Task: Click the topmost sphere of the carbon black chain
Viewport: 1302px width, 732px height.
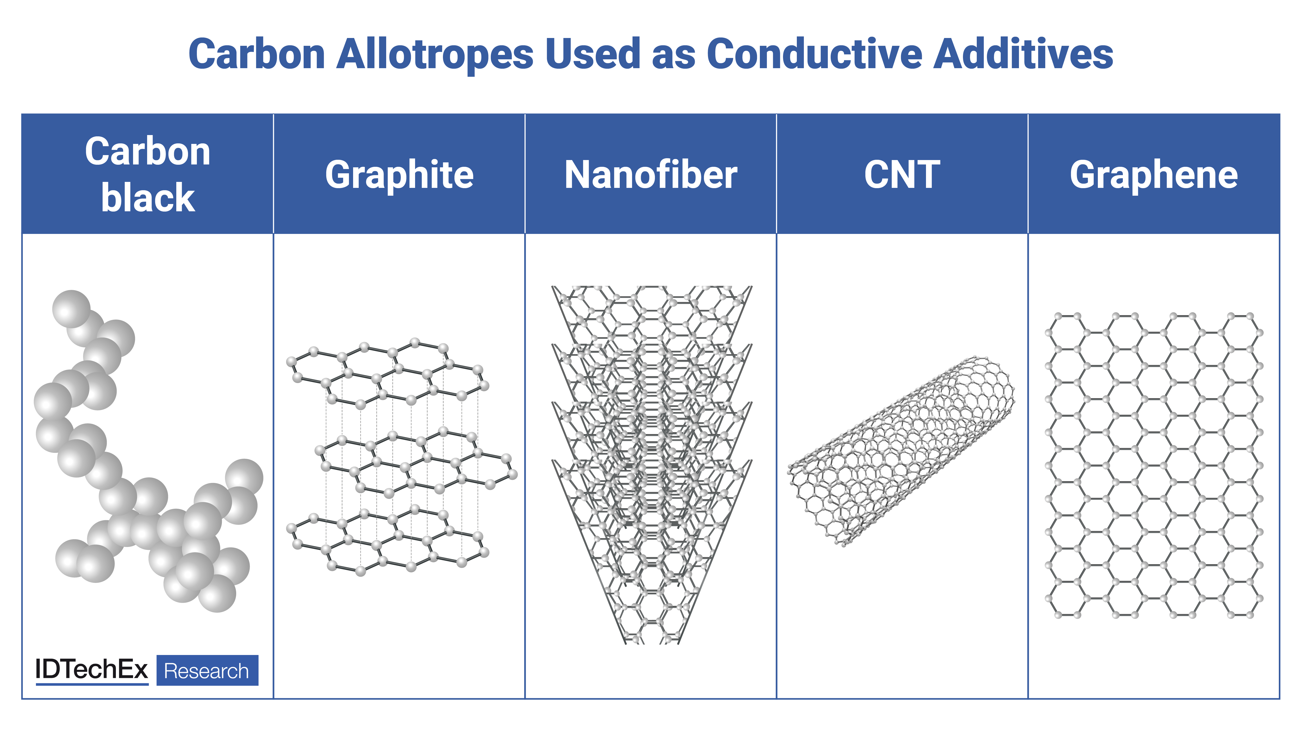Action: click(71, 309)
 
